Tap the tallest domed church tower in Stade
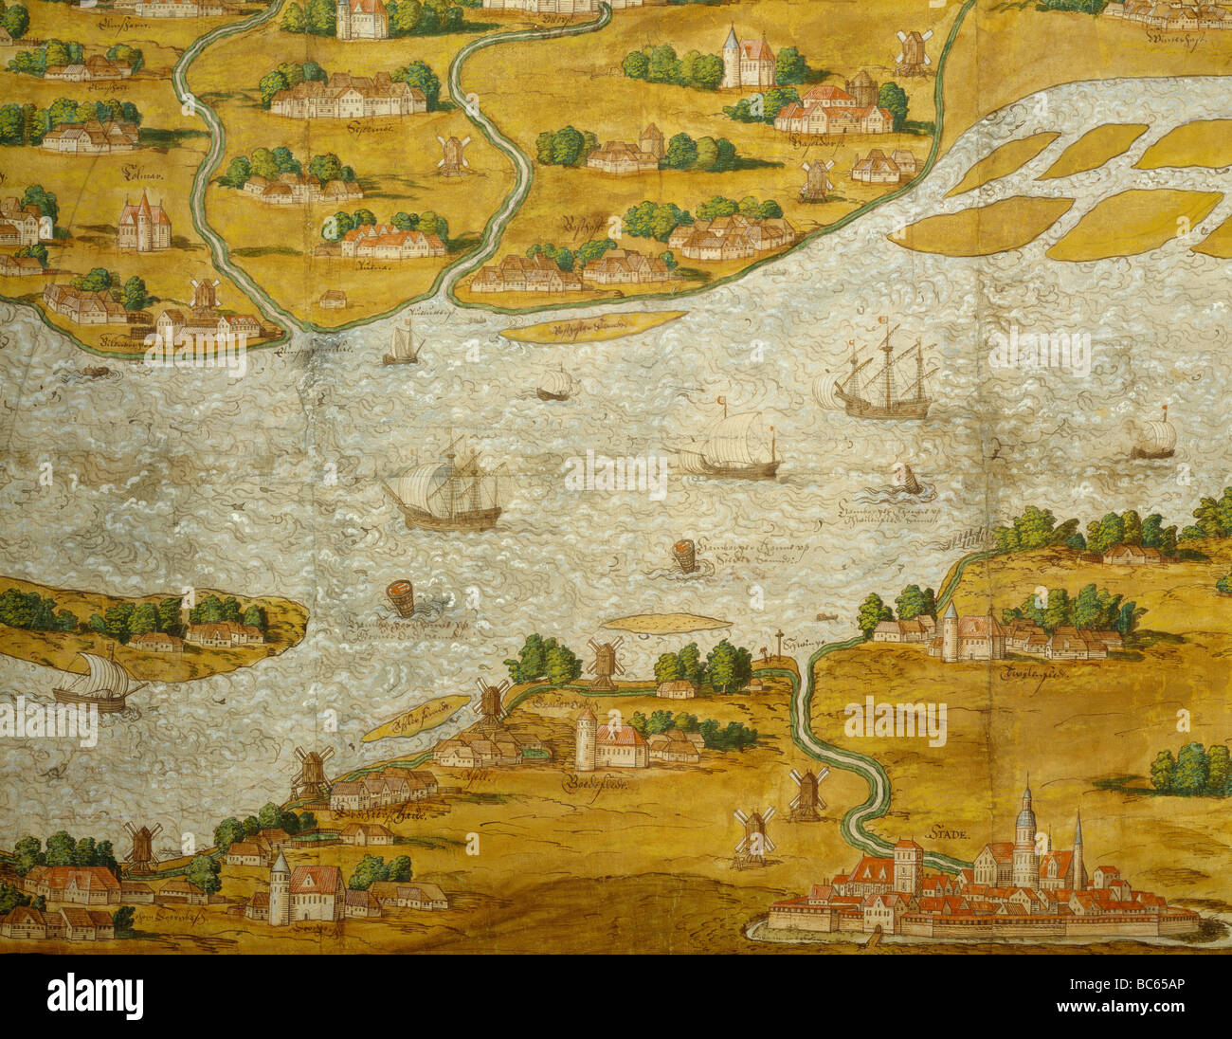point(1025,834)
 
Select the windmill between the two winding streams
point(453,155)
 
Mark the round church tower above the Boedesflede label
point(586,739)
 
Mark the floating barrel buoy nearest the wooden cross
point(682,556)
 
